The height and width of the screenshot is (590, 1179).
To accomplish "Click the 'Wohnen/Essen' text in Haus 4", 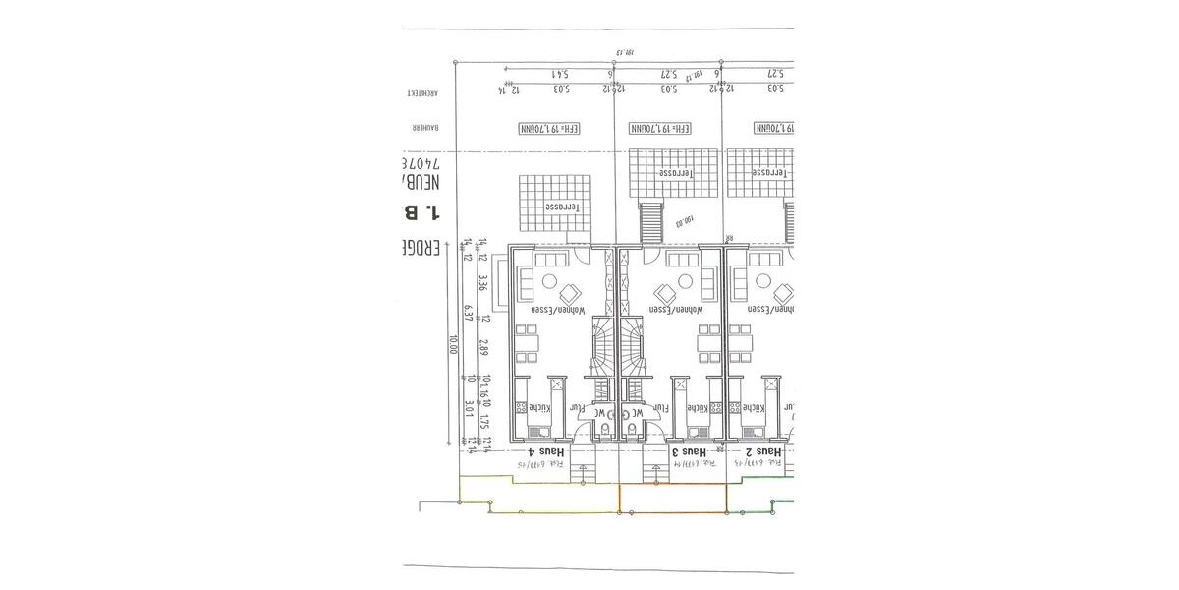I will click(558, 309).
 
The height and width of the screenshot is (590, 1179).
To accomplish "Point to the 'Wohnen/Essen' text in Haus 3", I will click(672, 309).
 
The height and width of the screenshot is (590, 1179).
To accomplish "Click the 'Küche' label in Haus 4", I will click(538, 407).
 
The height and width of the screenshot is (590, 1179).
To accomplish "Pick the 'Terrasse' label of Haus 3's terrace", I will click(675, 172).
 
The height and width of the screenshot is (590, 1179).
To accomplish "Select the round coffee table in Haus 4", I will click(569, 292).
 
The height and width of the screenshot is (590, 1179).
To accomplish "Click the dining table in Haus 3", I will click(705, 345).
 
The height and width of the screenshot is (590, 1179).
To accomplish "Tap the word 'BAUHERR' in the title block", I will click(422, 128).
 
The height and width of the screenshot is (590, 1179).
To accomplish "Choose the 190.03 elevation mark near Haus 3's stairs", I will click(686, 221).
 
